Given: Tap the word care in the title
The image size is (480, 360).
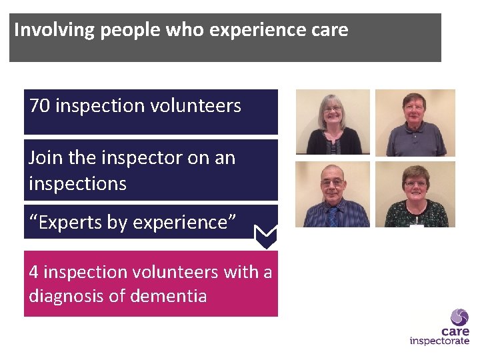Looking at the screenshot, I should pyautogui.click(x=327, y=31).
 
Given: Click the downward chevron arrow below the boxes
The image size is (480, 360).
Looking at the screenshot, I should pyautogui.click(x=267, y=236).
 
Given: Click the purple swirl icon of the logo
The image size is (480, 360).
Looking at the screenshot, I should pyautogui.click(x=459, y=317).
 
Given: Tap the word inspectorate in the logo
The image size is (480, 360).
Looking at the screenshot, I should pyautogui.click(x=439, y=341).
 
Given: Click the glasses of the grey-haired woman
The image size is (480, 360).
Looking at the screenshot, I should pyautogui.click(x=332, y=109).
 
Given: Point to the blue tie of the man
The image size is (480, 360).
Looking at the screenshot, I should pyautogui.click(x=333, y=217).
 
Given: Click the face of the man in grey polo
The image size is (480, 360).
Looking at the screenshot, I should pyautogui.click(x=414, y=110).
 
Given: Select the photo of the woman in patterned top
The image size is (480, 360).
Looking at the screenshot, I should pyautogui.click(x=415, y=194).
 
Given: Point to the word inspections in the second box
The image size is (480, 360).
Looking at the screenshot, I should pyautogui.click(x=77, y=183).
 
